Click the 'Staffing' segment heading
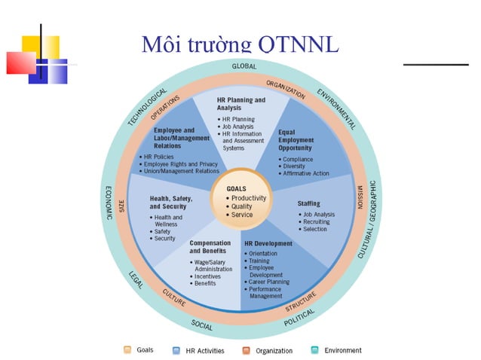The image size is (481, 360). tap(308, 203)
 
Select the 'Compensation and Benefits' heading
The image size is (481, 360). tap(210, 247)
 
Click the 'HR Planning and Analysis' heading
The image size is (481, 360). tap(240, 104)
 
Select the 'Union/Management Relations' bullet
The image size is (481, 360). tap(182, 171)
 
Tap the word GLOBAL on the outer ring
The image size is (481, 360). tap(239, 66)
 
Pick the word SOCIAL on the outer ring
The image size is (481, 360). tap(201, 325)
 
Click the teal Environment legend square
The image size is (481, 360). tap(315, 350)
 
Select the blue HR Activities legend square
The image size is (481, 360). tap(176, 350)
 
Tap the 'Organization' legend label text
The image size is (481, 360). tap(274, 350)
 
